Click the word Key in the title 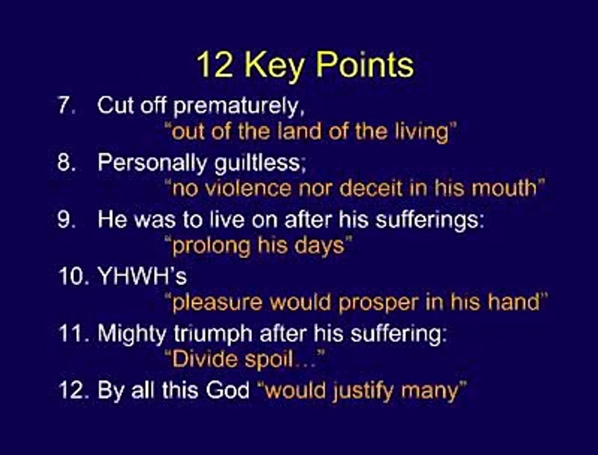pyautogui.click(x=273, y=65)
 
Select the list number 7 pyautogui.click(x=65, y=106)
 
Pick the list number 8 pyautogui.click(x=66, y=162)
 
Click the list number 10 pyautogui.click(x=71, y=276)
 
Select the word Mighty pyautogui.click(x=129, y=333)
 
